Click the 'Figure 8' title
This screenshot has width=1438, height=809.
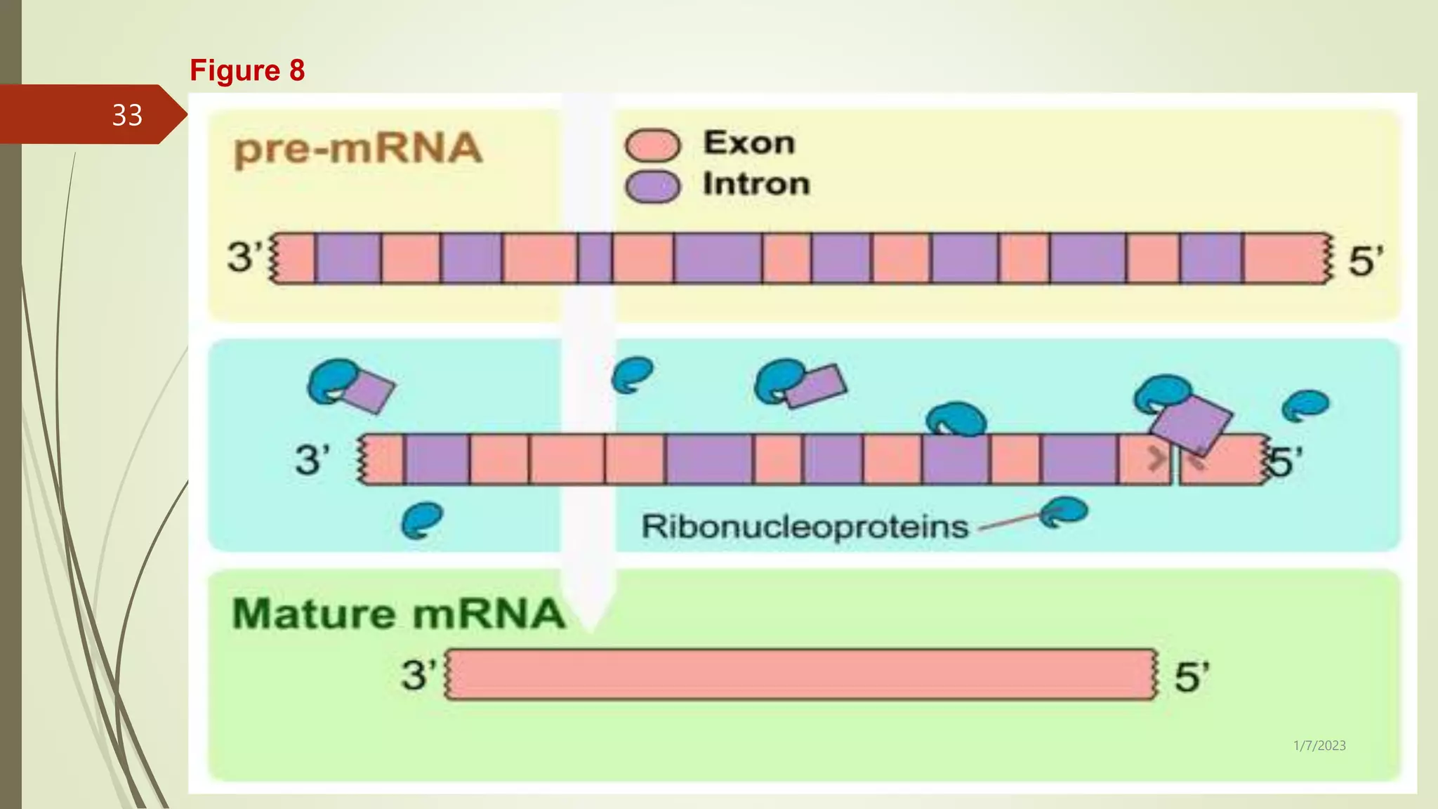tap(247, 70)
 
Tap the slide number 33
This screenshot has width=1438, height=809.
tap(127, 115)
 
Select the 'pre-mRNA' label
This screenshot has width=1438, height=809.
tap(358, 149)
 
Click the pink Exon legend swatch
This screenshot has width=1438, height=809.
tap(652, 145)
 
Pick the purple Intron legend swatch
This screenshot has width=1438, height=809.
tap(652, 187)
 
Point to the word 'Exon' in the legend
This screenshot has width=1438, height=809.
tap(749, 143)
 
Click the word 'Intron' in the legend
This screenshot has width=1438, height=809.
tap(756, 184)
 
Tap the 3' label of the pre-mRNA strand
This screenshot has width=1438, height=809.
tap(244, 256)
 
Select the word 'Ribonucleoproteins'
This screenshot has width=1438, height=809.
tap(805, 527)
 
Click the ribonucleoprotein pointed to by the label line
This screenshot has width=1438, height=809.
tap(1064, 511)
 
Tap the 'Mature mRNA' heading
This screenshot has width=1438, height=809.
tap(398, 613)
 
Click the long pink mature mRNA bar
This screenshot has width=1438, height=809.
tap(800, 674)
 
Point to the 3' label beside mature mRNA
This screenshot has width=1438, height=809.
tap(418, 676)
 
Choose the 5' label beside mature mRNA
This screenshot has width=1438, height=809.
tap(1192, 677)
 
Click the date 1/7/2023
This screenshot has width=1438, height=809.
tap(1319, 746)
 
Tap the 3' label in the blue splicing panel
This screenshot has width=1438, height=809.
tap(312, 460)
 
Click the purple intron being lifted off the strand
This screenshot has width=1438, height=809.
tap(1191, 423)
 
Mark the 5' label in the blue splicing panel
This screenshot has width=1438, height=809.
tap(1285, 461)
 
